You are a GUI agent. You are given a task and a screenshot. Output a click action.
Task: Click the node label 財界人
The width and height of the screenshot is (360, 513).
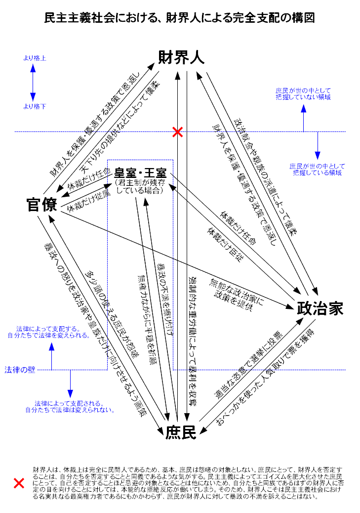tap(181, 58)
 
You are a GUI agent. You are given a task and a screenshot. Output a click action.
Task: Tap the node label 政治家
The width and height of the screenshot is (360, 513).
tap(320, 308)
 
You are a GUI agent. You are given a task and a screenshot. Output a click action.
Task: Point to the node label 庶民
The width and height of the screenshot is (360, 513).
tap(181, 431)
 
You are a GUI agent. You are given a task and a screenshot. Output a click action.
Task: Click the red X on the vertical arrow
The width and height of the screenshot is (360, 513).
tap(178, 131)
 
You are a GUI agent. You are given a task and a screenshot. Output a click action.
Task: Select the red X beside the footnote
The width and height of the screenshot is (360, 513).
tap(19, 483)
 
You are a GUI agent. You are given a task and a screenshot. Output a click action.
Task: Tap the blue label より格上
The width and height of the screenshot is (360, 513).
tap(35, 58)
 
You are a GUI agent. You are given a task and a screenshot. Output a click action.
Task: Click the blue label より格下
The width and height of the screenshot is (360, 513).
tap(35, 106)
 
